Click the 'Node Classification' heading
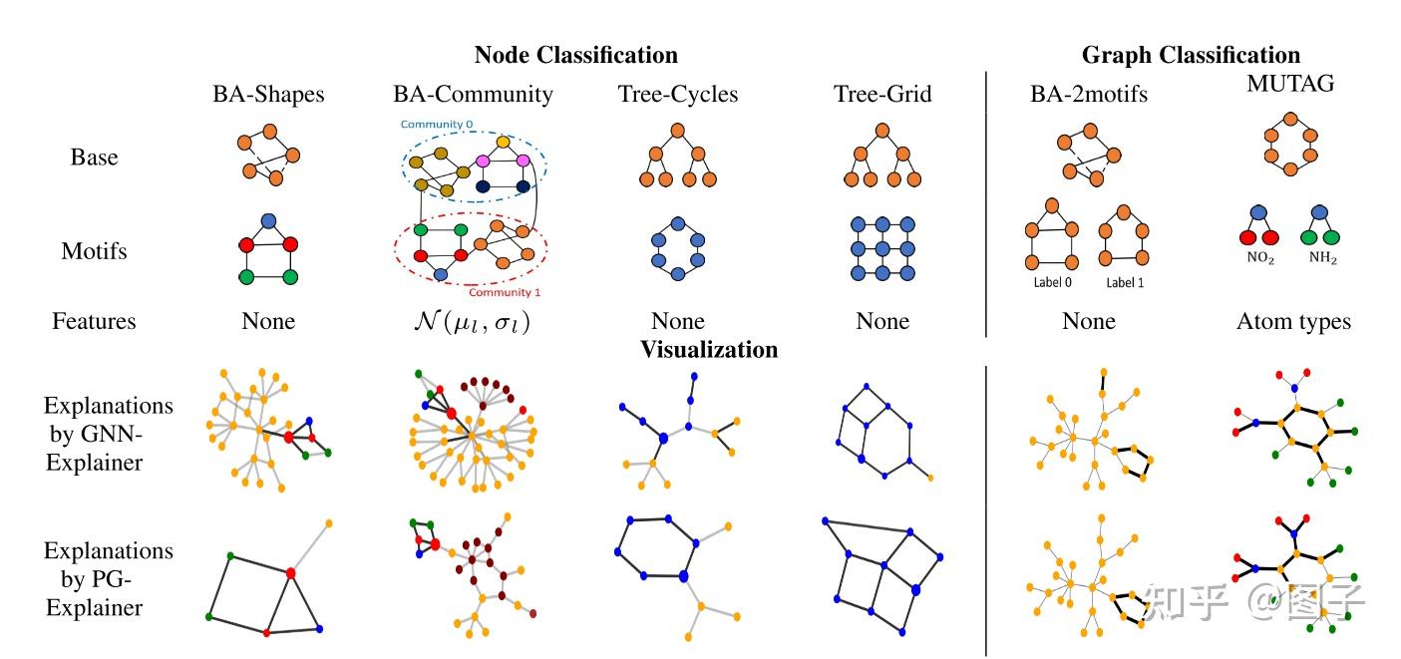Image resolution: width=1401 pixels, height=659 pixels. point(575,55)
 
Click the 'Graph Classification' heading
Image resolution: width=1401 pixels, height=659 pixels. point(1191,55)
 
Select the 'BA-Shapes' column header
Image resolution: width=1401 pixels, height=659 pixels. point(268,95)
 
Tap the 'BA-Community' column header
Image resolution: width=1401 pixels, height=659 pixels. point(473,95)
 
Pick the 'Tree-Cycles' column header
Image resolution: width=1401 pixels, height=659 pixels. point(678,95)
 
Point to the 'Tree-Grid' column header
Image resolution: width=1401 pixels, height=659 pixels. point(882,95)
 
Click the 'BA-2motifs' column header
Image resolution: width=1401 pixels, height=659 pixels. point(1089,95)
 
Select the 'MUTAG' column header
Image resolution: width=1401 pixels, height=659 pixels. point(1290,85)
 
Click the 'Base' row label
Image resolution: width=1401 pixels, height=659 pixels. point(94,158)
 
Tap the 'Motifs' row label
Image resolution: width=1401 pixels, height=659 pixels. point(94,251)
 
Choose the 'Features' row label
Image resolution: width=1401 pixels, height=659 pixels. point(94,321)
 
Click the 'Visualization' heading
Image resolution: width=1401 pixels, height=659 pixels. point(709,350)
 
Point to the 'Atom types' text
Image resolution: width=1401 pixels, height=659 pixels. point(1293,321)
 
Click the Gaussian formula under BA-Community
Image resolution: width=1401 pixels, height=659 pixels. point(473,322)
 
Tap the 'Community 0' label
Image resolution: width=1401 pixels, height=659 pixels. point(437,125)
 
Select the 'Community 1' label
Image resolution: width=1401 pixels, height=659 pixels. point(506,291)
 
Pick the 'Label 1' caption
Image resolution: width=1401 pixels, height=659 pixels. point(1125,283)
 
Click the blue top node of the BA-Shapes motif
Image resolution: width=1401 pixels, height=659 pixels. point(267,220)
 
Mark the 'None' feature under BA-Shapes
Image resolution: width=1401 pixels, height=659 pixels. point(268,321)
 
